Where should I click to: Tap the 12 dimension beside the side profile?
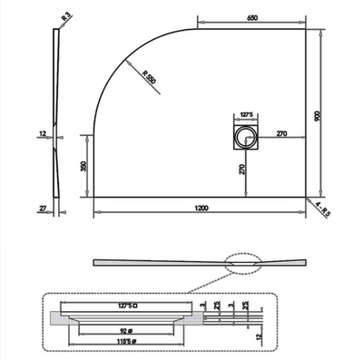pyautogui.click(x=44, y=136)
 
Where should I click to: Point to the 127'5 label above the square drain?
pyautogui.click(x=246, y=115)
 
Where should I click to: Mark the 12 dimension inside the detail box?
pyautogui.click(x=260, y=336)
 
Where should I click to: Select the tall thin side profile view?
pyautogui.click(x=59, y=118)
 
